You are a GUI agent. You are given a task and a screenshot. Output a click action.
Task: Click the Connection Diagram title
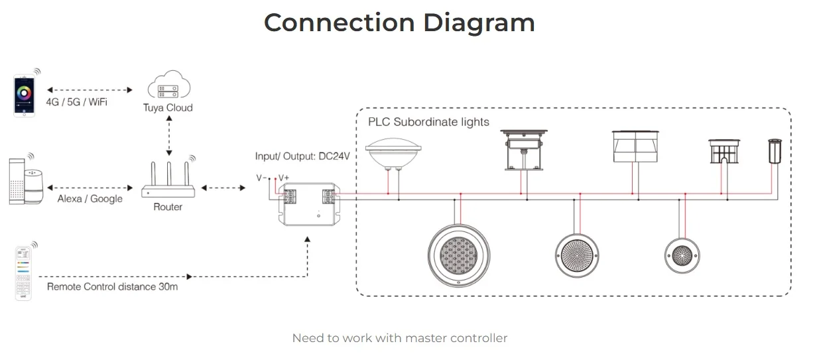pyautogui.click(x=399, y=23)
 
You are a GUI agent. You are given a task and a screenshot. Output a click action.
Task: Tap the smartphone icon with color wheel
pyautogui.click(x=25, y=96)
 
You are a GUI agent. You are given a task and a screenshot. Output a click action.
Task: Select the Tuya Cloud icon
pyautogui.click(x=168, y=86)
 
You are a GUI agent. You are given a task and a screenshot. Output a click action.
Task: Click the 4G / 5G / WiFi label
pyautogui.click(x=77, y=102)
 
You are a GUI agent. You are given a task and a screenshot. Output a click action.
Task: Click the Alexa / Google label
pyautogui.click(x=90, y=199)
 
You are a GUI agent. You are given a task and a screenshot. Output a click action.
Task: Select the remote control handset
pyautogui.click(x=24, y=272)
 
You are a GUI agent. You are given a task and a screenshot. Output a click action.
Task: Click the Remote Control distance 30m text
pyautogui.click(x=112, y=287)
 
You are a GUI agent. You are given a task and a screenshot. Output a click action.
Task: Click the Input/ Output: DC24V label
pyautogui.click(x=302, y=156)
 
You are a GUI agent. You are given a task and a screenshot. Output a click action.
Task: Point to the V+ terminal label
pyautogui.click(x=283, y=178)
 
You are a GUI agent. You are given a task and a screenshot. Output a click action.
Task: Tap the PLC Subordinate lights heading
pyautogui.click(x=428, y=122)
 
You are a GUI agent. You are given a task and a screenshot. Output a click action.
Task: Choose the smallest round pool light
pyautogui.click(x=682, y=255)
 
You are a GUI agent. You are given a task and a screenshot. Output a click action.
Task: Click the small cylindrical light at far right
pyautogui.click(x=774, y=152)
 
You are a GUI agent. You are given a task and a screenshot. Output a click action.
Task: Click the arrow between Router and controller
pyautogui.click(x=223, y=188)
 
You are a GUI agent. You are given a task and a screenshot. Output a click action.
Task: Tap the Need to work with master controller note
pyautogui.click(x=399, y=338)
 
